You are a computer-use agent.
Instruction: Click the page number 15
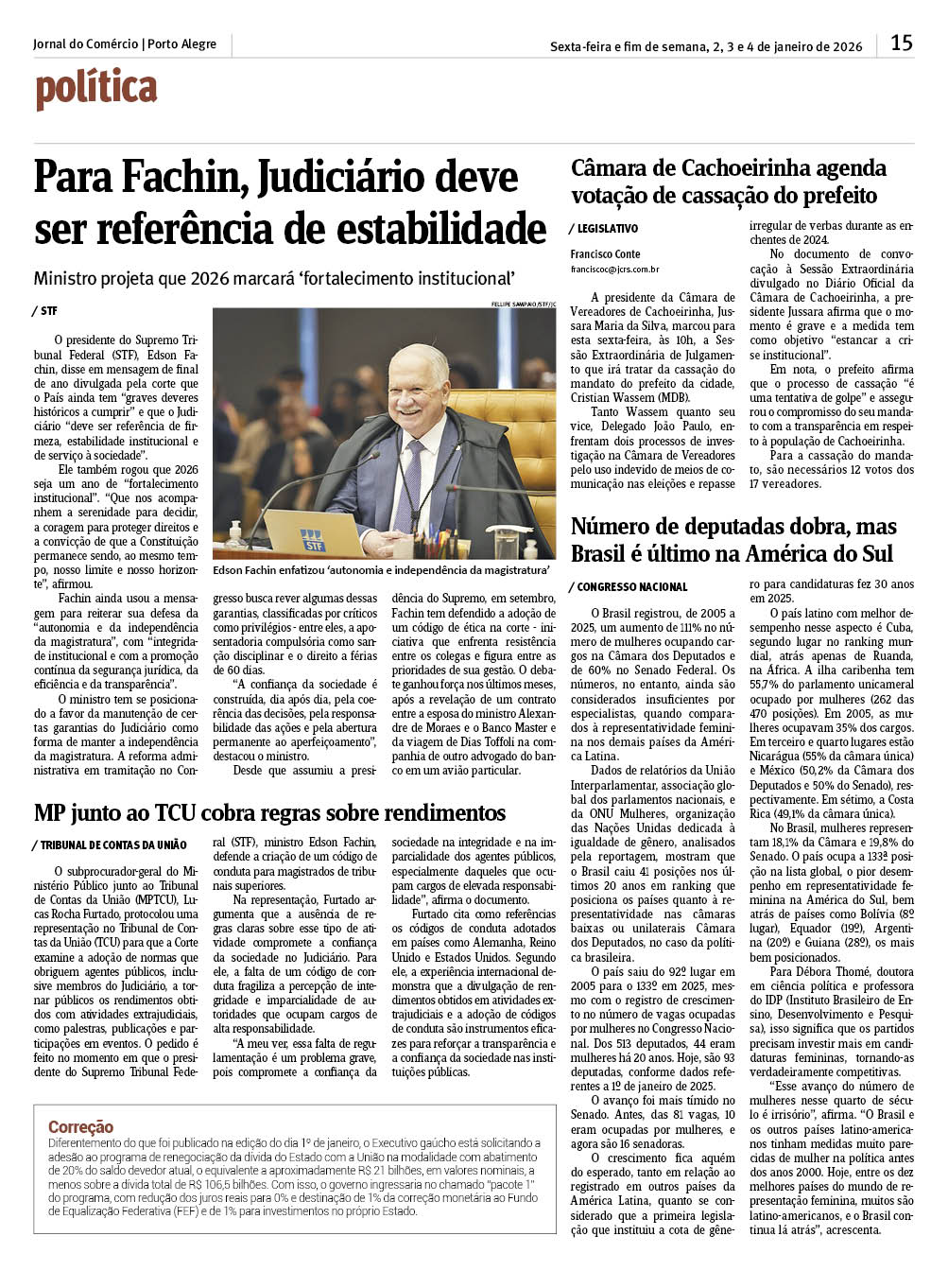click(x=901, y=43)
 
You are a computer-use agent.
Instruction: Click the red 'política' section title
click(x=95, y=89)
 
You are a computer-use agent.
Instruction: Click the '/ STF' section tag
click(x=44, y=311)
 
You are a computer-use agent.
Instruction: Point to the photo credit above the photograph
click(x=523, y=305)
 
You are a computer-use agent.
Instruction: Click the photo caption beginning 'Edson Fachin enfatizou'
click(x=381, y=570)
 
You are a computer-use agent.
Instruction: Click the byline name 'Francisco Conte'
click(x=605, y=254)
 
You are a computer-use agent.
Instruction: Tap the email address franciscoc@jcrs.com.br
click(x=614, y=270)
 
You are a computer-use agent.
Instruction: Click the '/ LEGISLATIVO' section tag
click(x=603, y=229)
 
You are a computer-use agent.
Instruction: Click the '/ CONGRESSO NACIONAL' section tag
click(x=629, y=587)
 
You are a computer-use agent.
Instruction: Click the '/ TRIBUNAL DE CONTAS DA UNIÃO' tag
click(x=110, y=844)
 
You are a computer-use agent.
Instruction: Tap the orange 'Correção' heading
click(x=80, y=1127)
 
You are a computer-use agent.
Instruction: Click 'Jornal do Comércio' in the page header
click(x=86, y=44)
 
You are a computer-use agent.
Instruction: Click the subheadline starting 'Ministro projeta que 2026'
click(x=274, y=279)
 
